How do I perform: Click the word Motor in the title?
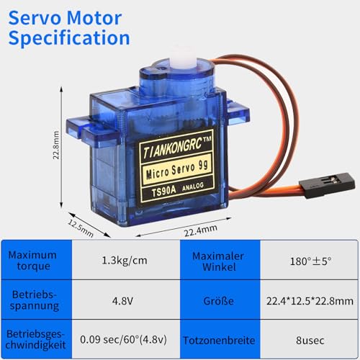[x=94, y=18]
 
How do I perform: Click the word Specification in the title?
[x=69, y=38]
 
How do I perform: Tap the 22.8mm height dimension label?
[x=55, y=145]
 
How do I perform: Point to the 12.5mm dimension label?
[x=81, y=228]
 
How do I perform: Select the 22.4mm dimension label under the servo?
[x=201, y=230]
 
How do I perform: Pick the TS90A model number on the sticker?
[x=164, y=192]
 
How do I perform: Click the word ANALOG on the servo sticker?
[x=193, y=186]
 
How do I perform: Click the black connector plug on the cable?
[x=328, y=185]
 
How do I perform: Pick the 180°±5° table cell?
[x=311, y=261]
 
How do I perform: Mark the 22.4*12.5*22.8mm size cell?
[x=310, y=301]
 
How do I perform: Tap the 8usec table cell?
[x=310, y=341]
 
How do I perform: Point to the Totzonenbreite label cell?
[x=219, y=341]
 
